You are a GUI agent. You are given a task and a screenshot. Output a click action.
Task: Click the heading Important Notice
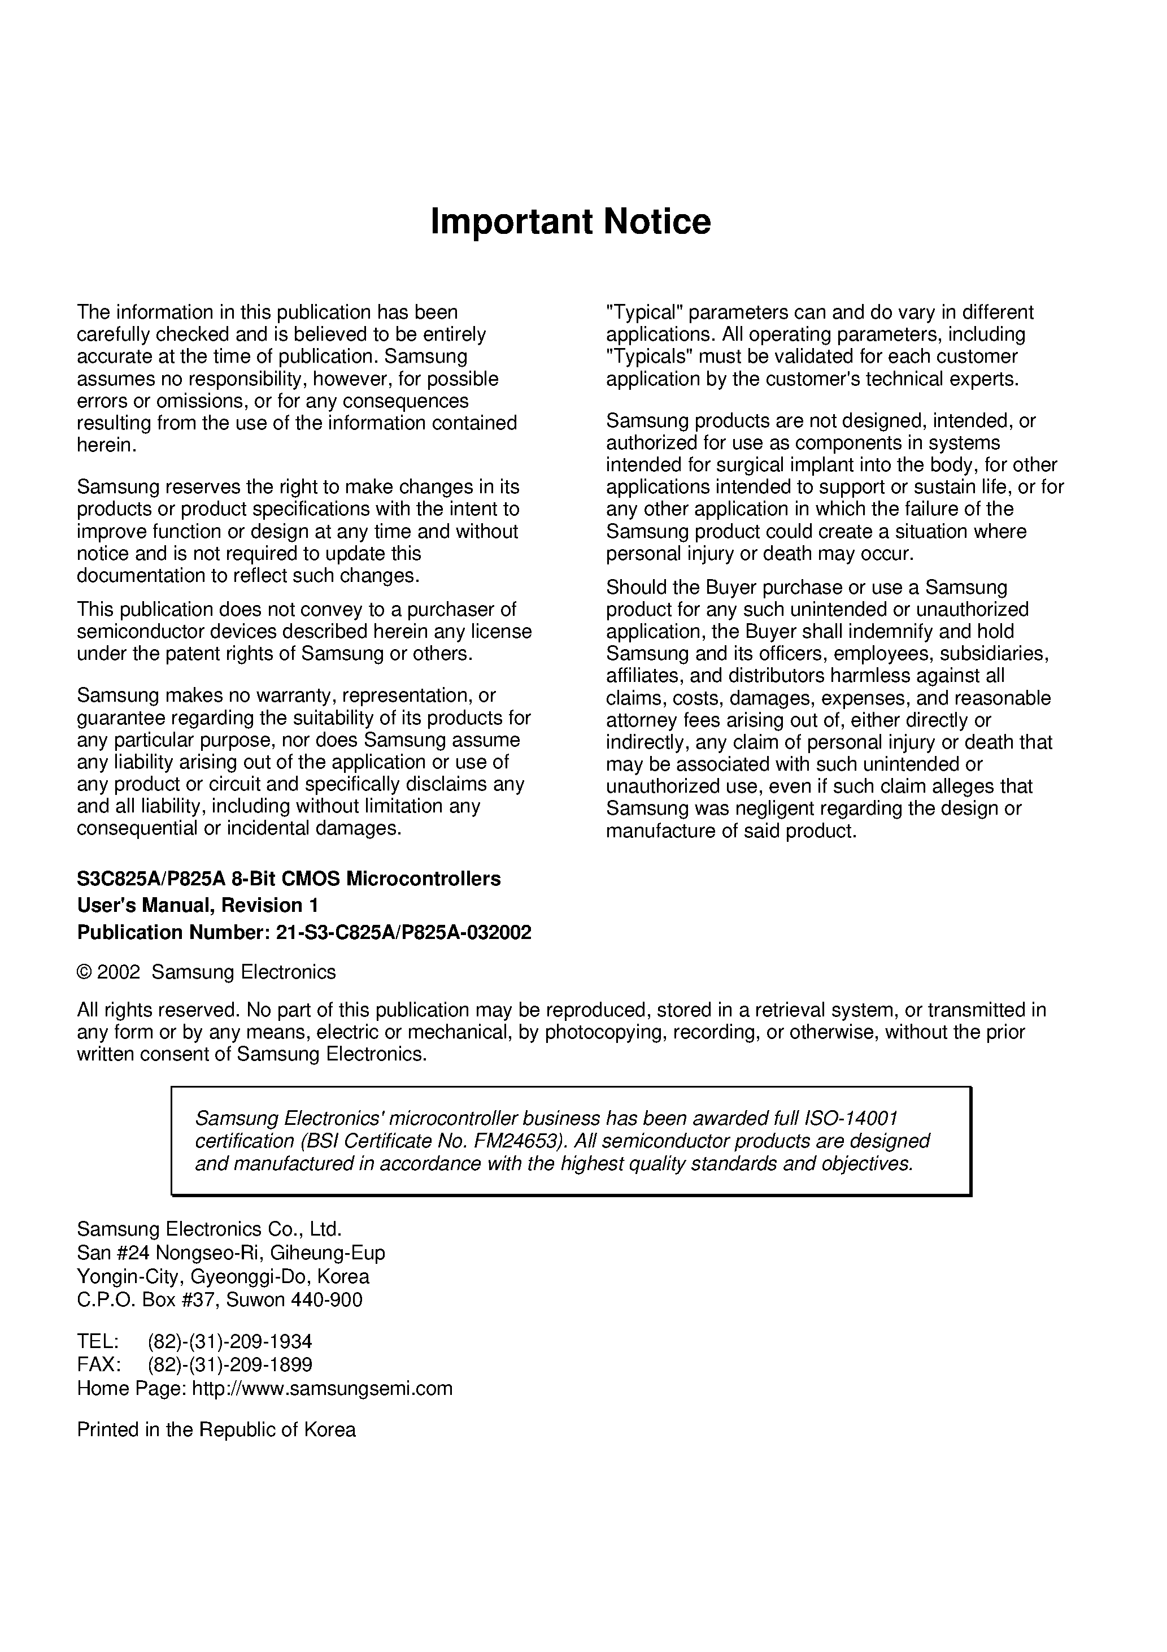click(x=570, y=221)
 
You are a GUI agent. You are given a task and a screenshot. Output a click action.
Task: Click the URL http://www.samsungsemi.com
click(x=323, y=1388)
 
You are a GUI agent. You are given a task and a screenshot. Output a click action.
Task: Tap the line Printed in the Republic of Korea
click(x=216, y=1429)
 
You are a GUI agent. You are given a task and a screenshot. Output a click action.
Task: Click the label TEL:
click(x=98, y=1342)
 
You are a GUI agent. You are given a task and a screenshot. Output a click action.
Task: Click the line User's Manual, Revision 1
click(x=197, y=905)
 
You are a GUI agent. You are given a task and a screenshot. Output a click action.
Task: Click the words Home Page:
click(x=131, y=1388)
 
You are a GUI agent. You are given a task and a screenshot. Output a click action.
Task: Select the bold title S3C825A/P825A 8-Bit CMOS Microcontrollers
click(x=289, y=879)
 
